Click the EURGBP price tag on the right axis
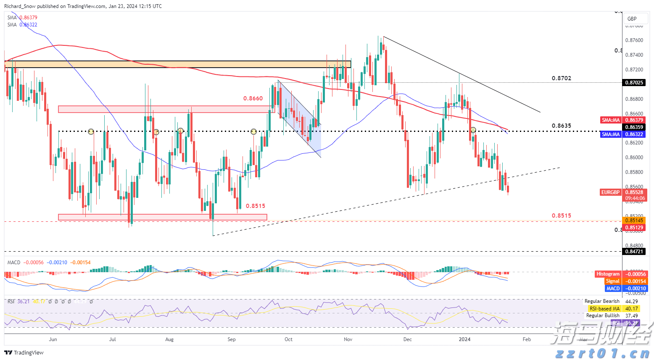(x=610, y=192)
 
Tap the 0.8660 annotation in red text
(x=253, y=98)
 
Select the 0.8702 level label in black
(x=561, y=78)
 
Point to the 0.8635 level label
(x=561, y=126)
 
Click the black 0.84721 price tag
(x=634, y=251)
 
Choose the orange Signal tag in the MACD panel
(x=612, y=281)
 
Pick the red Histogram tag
(x=608, y=274)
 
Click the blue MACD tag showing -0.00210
(x=613, y=288)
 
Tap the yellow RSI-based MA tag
(x=604, y=308)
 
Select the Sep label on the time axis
(x=232, y=339)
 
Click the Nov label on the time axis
(x=348, y=339)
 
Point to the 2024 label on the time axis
(x=464, y=339)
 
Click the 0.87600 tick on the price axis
(x=634, y=40)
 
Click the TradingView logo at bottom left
(x=24, y=352)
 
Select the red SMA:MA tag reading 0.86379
(x=611, y=120)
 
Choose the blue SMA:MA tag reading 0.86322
(x=611, y=134)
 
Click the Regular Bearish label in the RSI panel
(x=602, y=301)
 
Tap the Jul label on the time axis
(x=113, y=339)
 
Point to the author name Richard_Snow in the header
(x=20, y=6)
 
